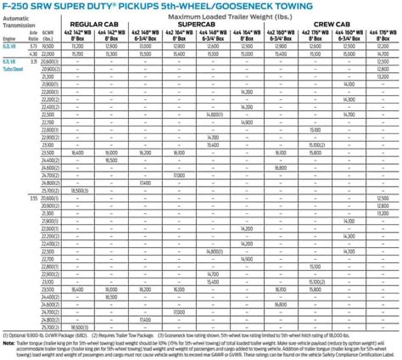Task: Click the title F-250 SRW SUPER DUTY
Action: point(64,8)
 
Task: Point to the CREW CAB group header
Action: point(333,25)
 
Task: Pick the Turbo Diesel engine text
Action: point(13,68)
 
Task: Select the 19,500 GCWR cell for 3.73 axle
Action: point(49,47)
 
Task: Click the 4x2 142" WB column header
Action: point(77,35)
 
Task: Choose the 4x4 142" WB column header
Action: point(110,35)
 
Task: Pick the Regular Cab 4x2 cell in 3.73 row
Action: point(77,47)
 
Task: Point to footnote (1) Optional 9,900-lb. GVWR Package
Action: point(41,335)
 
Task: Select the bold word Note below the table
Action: point(8,341)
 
